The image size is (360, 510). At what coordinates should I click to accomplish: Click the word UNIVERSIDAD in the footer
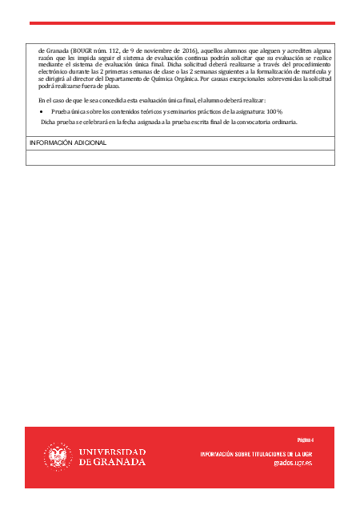point(112,452)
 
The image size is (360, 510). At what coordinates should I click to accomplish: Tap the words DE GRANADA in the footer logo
point(112,462)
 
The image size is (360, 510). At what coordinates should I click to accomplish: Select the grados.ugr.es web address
point(293,463)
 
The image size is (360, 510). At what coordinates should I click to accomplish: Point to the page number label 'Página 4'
point(305,440)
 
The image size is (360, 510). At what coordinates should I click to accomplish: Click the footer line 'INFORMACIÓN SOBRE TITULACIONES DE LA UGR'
point(266,454)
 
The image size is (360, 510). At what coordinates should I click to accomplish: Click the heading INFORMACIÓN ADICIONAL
point(67,143)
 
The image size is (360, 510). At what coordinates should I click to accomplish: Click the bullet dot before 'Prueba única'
point(42,111)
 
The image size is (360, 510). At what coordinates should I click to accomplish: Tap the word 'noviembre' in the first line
point(149,50)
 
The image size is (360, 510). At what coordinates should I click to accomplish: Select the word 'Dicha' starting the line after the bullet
point(49,122)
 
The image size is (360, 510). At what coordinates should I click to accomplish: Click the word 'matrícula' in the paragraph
point(308,72)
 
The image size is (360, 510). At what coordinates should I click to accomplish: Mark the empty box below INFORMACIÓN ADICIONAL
point(180,157)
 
